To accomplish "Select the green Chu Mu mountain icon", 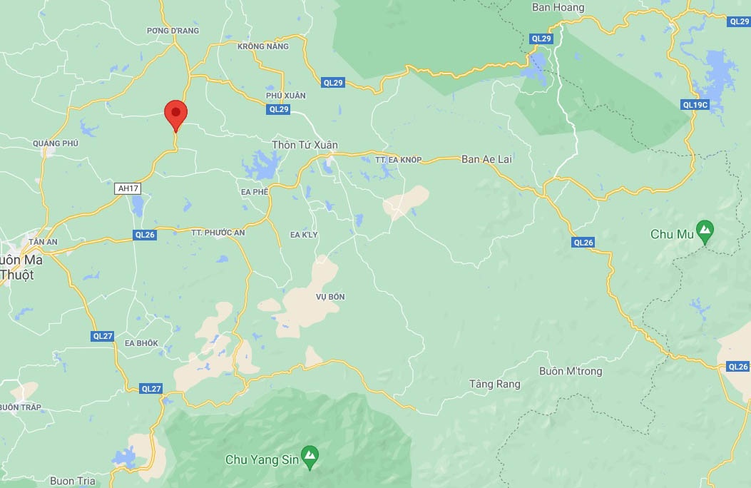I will pos(705,230).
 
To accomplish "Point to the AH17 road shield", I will pos(127,188).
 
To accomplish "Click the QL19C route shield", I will pos(695,105).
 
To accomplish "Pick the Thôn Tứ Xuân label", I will pos(305,145).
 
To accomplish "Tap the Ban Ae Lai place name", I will pos(486,159).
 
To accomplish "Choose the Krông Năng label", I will pos(263,46).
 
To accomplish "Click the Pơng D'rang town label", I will pos(173,31).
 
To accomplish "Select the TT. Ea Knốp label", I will pos(399,160).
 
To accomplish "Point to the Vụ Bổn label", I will pos(330,297).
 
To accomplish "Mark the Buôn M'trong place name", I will pos(571,371).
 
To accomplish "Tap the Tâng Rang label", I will pos(495,384).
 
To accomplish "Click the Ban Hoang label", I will pos(558,8).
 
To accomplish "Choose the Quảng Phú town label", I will pos(55,143).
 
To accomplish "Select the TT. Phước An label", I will pos(218,233).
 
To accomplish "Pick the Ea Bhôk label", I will pos(141,343).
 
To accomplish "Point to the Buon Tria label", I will pos(73,481).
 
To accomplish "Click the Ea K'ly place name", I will pos(305,234).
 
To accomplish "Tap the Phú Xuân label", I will pos(285,96).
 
